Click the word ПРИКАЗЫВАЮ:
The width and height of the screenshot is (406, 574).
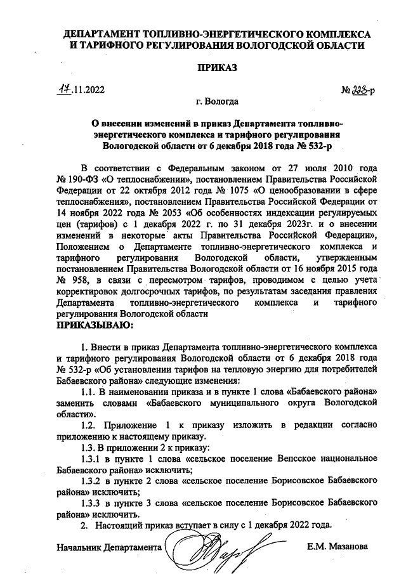[x=95, y=325]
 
